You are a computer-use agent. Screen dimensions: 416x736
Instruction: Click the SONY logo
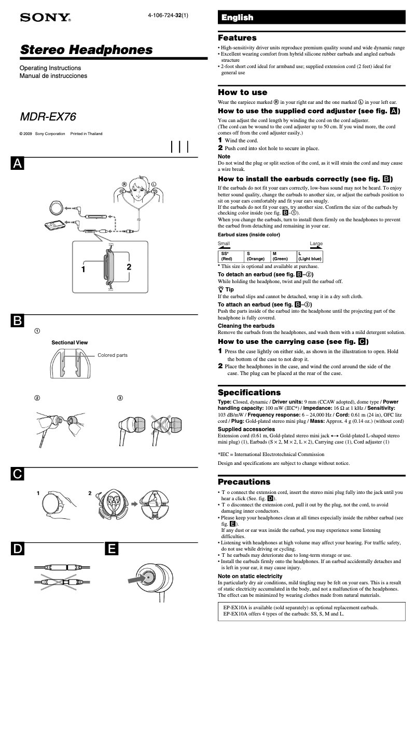pyautogui.click(x=45, y=18)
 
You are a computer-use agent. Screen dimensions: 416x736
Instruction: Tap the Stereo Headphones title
pyautogui.click(x=86, y=50)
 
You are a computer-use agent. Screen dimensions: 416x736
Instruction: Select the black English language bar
pyautogui.click(x=311, y=18)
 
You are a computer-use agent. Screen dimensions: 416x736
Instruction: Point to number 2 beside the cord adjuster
pyautogui.click(x=129, y=267)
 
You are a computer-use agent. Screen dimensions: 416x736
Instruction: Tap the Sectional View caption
pyautogui.click(x=70, y=343)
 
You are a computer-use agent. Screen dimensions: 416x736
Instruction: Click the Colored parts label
pyautogui.click(x=112, y=355)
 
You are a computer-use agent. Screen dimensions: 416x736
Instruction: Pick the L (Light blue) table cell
pyautogui.click(x=310, y=256)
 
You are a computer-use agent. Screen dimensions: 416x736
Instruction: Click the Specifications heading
pyautogui.click(x=249, y=392)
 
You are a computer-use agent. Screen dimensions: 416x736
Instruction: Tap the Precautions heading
pyautogui.click(x=244, y=481)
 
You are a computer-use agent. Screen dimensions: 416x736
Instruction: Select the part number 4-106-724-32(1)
pyautogui.click(x=168, y=15)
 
